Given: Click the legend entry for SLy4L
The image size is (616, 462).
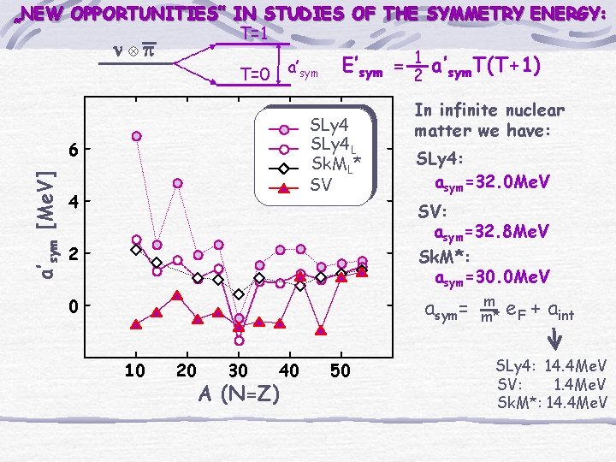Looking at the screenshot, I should pyautogui.click(x=329, y=145).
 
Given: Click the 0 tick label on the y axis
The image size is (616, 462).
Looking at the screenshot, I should pyautogui.click(x=74, y=306).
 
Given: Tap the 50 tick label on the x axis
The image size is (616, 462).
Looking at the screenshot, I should pyautogui.click(x=341, y=370).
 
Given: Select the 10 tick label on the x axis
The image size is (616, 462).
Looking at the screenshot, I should pyautogui.click(x=135, y=370).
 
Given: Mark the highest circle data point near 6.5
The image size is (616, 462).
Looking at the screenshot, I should pyautogui.click(x=136, y=136).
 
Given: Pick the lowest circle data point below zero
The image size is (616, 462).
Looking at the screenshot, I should pyautogui.click(x=240, y=341).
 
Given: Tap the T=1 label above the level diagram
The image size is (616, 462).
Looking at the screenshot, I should pyautogui.click(x=255, y=34).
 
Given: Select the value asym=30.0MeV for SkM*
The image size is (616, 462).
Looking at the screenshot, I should pyautogui.click(x=492, y=277).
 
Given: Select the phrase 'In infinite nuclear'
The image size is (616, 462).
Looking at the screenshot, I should pyautogui.click(x=489, y=110).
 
